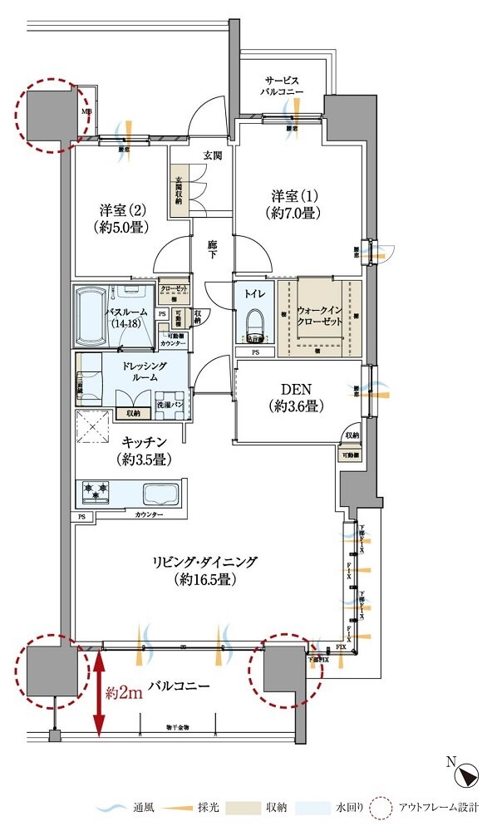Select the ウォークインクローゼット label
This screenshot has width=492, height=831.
[x=320, y=317]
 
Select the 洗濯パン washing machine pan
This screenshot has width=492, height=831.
[x=171, y=405]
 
